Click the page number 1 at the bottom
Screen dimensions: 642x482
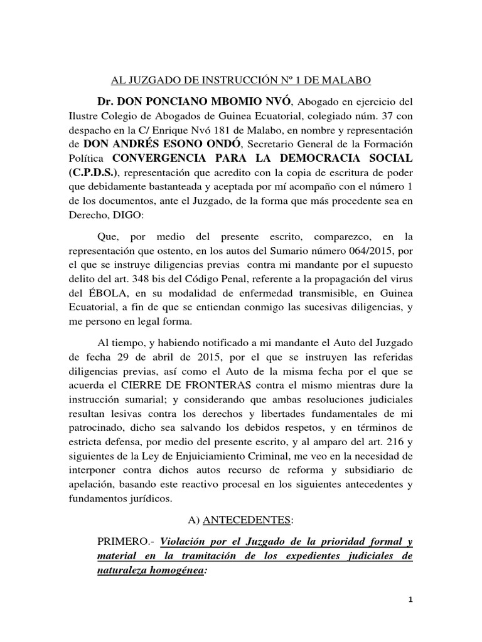pos(410,617)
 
